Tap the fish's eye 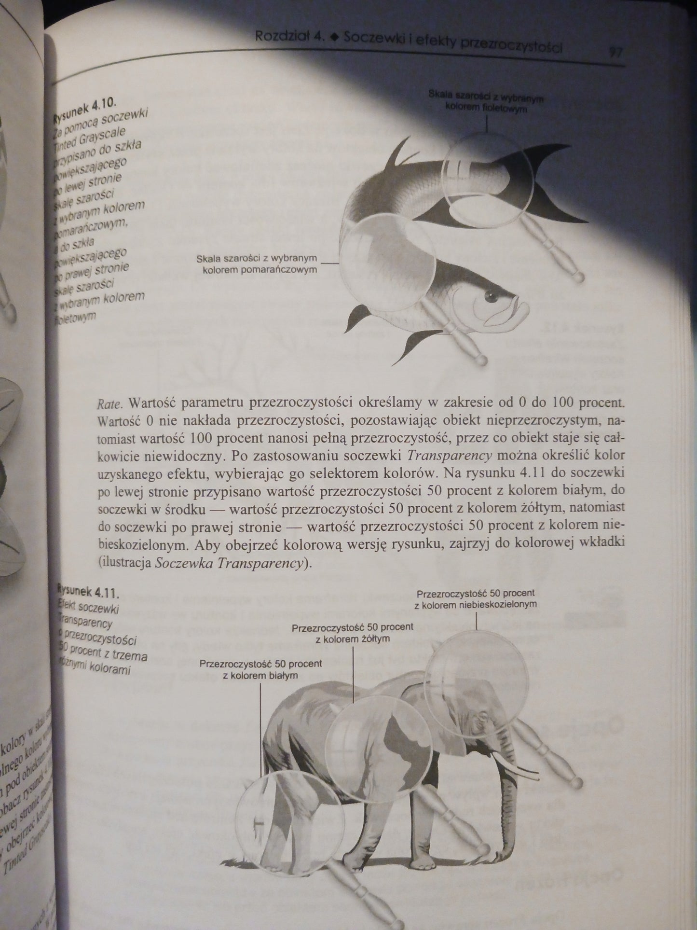(491, 295)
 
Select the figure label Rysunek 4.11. (88, 591)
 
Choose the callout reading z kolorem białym (260, 669)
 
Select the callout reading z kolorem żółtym (353, 633)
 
